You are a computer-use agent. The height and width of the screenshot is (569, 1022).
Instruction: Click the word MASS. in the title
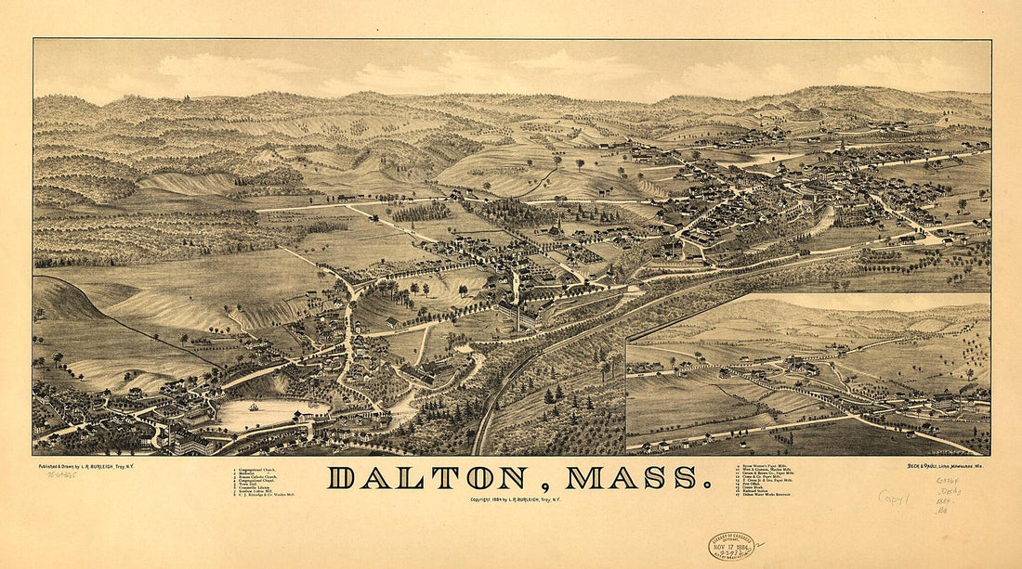[x=633, y=478]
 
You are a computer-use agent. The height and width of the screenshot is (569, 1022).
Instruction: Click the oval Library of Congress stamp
[x=731, y=545]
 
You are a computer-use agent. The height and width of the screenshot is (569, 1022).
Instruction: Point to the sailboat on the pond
[x=253, y=407]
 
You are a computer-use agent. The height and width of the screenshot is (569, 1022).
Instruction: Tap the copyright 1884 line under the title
[x=516, y=499]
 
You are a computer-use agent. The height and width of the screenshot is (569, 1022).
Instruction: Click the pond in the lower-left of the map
[x=269, y=414]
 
